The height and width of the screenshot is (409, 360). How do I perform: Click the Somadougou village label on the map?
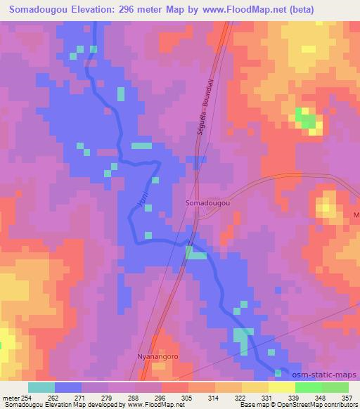209,202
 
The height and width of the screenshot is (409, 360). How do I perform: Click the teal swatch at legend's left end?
41,387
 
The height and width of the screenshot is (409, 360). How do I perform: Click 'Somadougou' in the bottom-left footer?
22,404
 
